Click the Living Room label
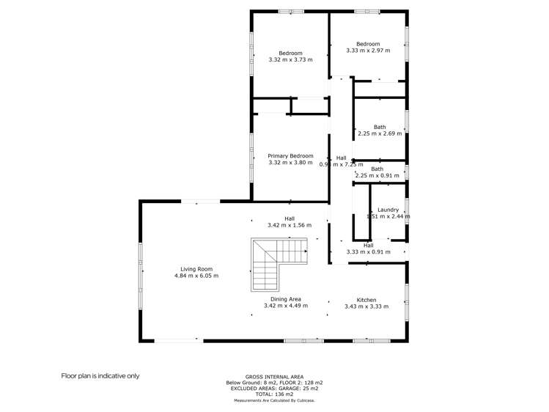pyautogui.click(x=196, y=269)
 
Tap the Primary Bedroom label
pyautogui.click(x=290, y=156)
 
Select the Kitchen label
pyautogui.click(x=366, y=300)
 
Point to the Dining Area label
pyautogui.click(x=286, y=299)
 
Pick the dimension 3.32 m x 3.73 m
pyautogui.click(x=290, y=59)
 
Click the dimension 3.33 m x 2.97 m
pyautogui.click(x=368, y=51)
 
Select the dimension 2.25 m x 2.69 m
pyautogui.click(x=379, y=133)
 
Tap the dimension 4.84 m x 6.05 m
pyautogui.click(x=196, y=276)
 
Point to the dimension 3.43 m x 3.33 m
pyautogui.click(x=366, y=306)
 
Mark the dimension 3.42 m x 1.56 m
pyautogui.click(x=290, y=225)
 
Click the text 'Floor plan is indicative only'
pyautogui.click(x=100, y=375)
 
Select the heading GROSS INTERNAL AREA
pyautogui.click(x=274, y=377)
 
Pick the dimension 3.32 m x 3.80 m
pyautogui.click(x=290, y=163)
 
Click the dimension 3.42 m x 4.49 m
pyautogui.click(x=286, y=306)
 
